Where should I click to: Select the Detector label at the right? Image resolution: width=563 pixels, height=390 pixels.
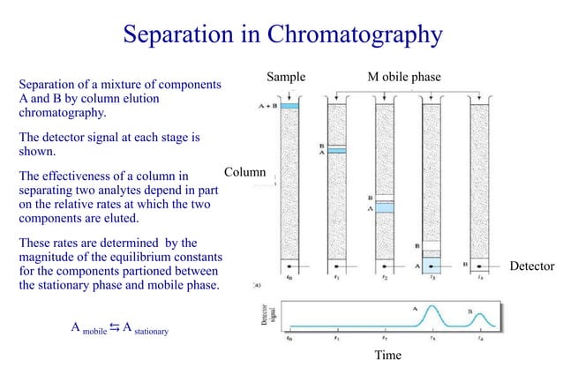(x=531, y=266)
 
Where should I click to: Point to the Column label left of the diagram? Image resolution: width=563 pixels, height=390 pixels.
(x=244, y=171)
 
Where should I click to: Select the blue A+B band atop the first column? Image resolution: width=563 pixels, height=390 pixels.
(x=290, y=107)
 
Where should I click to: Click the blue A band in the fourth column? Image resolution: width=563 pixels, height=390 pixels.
(x=432, y=264)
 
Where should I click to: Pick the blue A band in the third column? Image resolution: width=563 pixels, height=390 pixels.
(x=384, y=208)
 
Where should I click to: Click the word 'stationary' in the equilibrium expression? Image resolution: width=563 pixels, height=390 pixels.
(x=151, y=334)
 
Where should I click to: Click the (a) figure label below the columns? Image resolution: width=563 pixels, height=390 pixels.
(x=258, y=285)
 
